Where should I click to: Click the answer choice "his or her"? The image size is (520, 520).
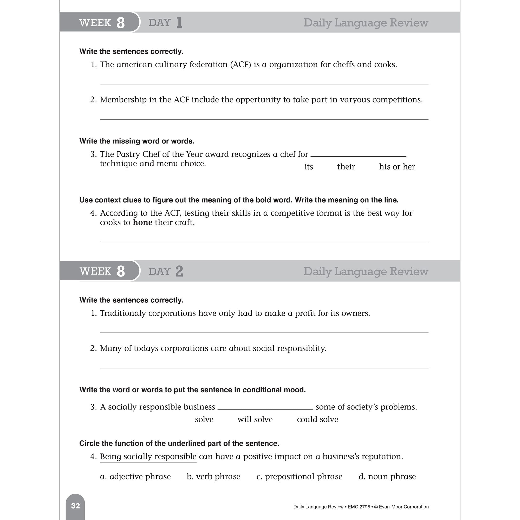coord(397,167)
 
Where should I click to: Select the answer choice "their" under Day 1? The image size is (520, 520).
coord(346,167)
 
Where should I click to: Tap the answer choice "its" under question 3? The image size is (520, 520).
coord(308,167)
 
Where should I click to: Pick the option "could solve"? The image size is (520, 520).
coord(317,419)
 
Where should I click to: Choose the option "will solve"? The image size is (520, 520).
coord(255,419)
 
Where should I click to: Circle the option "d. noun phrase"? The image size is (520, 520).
coord(387,476)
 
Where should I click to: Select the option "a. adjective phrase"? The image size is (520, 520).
coord(135,476)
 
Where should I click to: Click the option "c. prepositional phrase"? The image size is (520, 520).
coord(299,476)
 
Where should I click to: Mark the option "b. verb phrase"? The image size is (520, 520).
coord(213,476)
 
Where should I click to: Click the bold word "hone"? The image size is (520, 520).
coord(143,223)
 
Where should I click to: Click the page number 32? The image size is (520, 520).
coord(75,506)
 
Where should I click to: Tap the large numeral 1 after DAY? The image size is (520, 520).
coord(179,23)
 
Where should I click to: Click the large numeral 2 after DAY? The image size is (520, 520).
coord(179,271)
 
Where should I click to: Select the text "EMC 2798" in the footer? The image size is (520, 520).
coord(359,507)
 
